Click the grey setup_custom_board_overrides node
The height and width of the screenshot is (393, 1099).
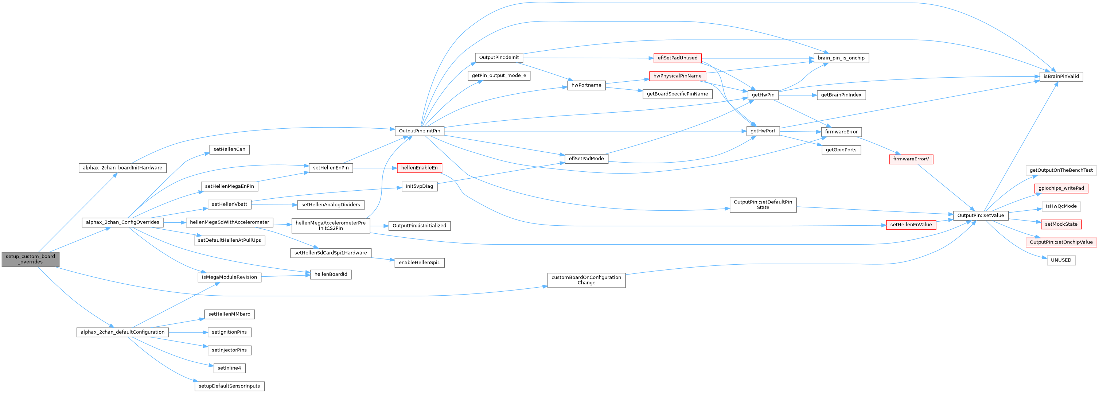pos(30,259)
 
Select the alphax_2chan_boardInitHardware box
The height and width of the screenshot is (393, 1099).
pos(122,168)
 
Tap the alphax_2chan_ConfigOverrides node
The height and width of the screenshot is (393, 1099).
pos(122,222)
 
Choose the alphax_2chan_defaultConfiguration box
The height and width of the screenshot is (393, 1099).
pos(122,332)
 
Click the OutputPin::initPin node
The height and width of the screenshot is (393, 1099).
pos(419,131)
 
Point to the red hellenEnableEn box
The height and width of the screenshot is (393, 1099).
pos(419,168)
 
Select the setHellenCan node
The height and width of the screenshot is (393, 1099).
pos(230,149)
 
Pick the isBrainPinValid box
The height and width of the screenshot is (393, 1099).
pos(1061,77)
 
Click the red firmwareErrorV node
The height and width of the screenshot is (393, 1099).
pos(911,159)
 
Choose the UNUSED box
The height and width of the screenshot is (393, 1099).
pos(1061,260)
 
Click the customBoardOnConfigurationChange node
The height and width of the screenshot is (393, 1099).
pos(586,280)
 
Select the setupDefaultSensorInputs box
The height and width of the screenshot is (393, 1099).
pos(230,386)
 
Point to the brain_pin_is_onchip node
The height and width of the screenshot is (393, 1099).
pos(841,58)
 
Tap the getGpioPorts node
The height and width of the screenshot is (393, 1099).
pos(841,150)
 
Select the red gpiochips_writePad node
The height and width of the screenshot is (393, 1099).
pos(1061,188)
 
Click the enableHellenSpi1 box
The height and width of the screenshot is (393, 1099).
pos(419,262)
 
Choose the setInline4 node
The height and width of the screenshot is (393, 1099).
pos(230,368)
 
